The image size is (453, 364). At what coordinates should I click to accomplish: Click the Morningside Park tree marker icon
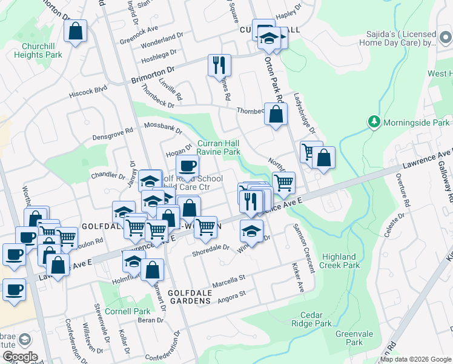pyautogui.click(x=375, y=122)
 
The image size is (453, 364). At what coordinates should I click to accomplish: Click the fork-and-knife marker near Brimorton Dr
pyautogui.click(x=219, y=65)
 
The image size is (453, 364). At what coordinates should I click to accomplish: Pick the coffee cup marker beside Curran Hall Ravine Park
pyautogui.click(x=187, y=165)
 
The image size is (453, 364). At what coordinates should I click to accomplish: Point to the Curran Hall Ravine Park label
pyautogui.click(x=219, y=147)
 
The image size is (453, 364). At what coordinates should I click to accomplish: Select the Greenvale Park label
pyautogui.click(x=349, y=338)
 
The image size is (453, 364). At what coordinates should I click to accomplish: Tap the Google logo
pyautogui.click(x=19, y=357)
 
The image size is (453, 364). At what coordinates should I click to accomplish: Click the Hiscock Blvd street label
pyautogui.click(x=88, y=89)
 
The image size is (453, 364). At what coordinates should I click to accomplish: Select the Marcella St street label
pyautogui.click(x=228, y=281)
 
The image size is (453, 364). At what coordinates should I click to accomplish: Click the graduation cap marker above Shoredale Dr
pyautogui.click(x=252, y=231)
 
